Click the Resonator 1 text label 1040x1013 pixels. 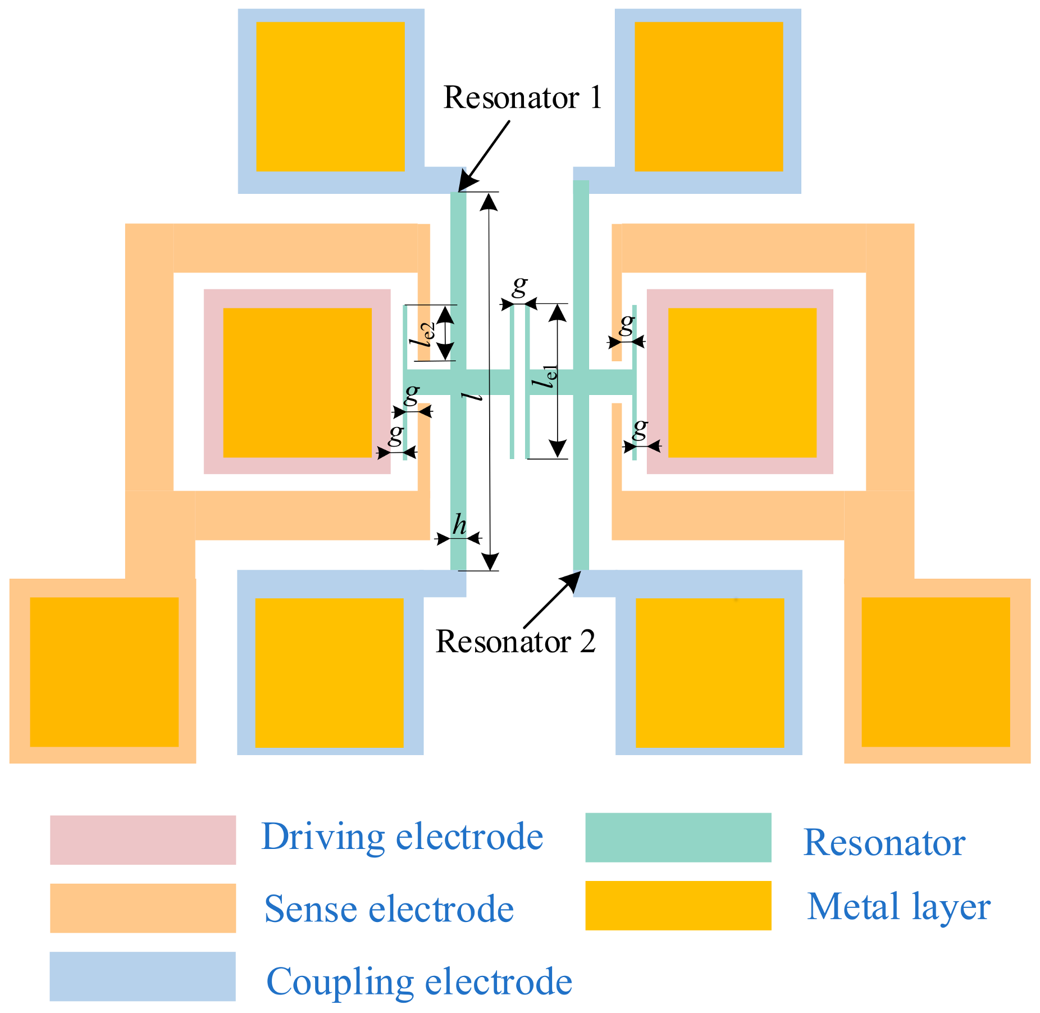[522, 98]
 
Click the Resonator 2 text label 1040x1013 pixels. [515, 641]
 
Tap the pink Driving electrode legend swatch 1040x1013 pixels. [143, 839]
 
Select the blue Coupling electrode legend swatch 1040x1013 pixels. [143, 976]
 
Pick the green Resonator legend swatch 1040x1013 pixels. [678, 837]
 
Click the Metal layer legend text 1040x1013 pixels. [898, 907]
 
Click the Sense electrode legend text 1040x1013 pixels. [389, 909]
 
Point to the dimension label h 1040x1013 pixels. [459, 525]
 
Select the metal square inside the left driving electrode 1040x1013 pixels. [297, 383]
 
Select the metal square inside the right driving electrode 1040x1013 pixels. [742, 383]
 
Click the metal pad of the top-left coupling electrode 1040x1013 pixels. [330, 97]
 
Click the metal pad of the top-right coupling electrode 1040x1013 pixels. [709, 97]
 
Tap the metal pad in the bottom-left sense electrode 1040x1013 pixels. [104, 672]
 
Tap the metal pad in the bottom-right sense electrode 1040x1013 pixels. [936, 672]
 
